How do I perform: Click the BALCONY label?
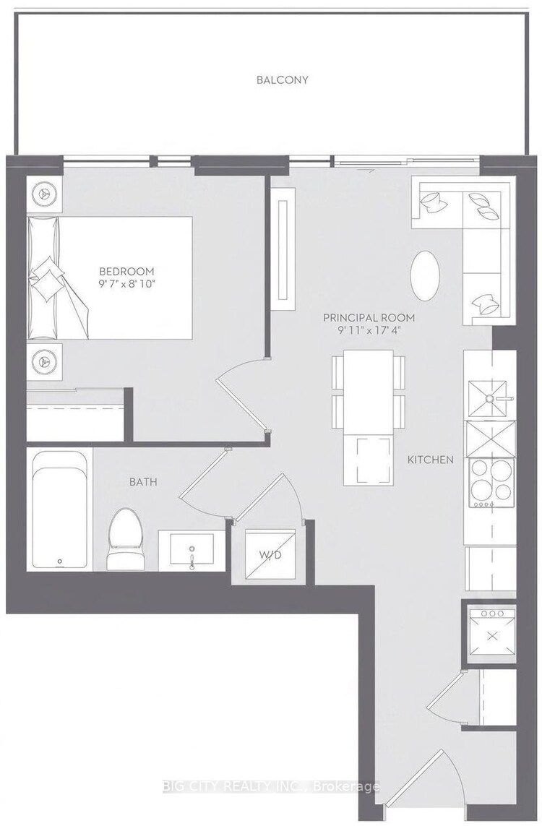click(x=282, y=80)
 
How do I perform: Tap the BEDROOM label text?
click(x=127, y=272)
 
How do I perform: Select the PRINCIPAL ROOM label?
click(x=369, y=318)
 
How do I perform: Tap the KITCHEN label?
click(x=430, y=460)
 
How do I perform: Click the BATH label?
click(x=143, y=481)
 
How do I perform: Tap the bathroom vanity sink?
click(x=192, y=550)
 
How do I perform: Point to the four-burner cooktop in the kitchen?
click(x=491, y=483)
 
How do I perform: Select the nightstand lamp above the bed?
click(x=44, y=194)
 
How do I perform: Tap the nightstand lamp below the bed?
click(x=44, y=361)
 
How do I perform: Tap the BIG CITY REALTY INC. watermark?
click(x=271, y=787)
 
